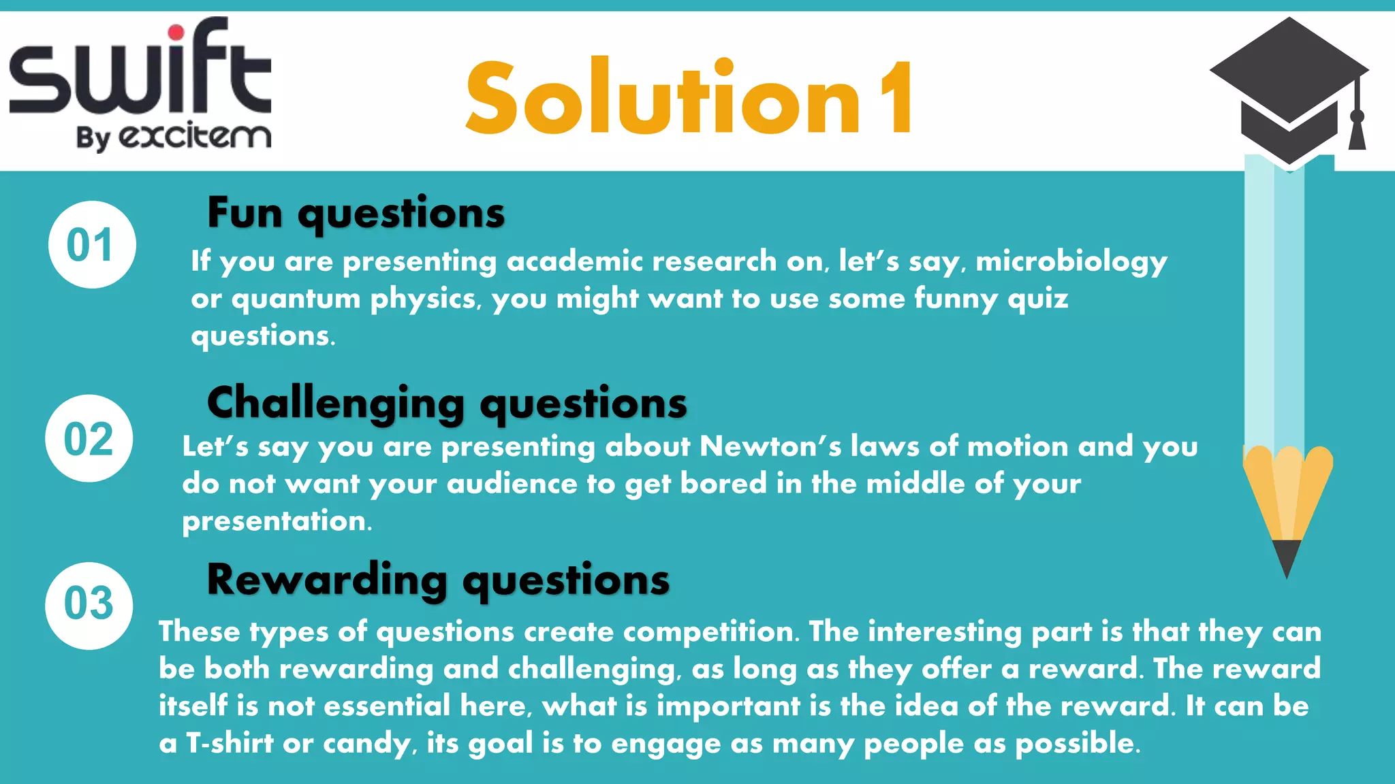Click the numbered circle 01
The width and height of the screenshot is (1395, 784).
[92, 245]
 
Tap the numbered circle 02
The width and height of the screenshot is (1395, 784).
[89, 438]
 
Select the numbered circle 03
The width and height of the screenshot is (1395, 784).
[89, 605]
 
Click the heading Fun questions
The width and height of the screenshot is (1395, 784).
[356, 213]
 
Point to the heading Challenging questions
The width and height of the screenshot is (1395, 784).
[447, 403]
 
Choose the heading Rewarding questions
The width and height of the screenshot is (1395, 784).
[438, 580]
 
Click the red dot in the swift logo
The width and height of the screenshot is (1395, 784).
[176, 32]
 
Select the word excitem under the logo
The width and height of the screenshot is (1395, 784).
[195, 136]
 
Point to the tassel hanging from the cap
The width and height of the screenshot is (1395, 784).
[1357, 126]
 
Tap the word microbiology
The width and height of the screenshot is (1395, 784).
[1071, 262]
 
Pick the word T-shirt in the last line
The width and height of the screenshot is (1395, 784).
[230, 743]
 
